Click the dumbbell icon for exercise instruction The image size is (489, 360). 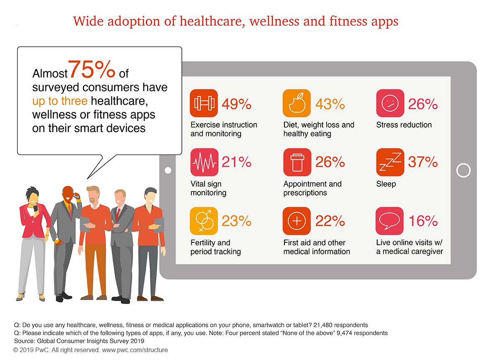coord(204,104)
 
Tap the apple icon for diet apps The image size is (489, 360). coord(296,104)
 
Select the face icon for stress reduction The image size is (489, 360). coord(390,104)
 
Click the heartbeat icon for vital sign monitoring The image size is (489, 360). coord(204,162)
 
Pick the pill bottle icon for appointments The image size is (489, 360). coord(296,162)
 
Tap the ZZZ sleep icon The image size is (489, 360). coord(390,162)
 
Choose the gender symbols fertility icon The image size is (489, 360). coord(204,221)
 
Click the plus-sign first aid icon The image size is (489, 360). coord(296,221)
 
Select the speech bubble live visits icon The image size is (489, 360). coord(390,221)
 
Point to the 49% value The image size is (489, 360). coord(236,104)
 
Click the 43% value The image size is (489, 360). coord(330,104)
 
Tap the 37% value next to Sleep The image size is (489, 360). coord(423,163)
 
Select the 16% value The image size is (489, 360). coord(423,222)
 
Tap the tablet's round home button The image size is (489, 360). coord(463,170)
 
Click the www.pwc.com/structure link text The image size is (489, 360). coord(135,350)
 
